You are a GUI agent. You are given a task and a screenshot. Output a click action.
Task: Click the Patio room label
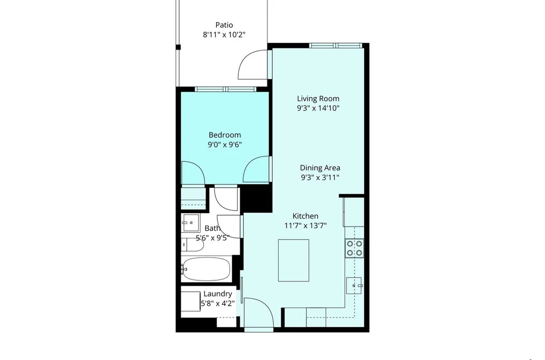pyautogui.click(x=224, y=25)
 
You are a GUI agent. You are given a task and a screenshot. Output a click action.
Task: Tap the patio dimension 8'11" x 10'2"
pyautogui.click(x=224, y=35)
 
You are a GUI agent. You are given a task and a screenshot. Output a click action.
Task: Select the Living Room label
pyautogui.click(x=318, y=98)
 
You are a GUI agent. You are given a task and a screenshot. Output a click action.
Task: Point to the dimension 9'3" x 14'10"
pyautogui.click(x=318, y=108)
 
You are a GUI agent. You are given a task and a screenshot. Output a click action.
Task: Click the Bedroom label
pyautogui.click(x=224, y=135)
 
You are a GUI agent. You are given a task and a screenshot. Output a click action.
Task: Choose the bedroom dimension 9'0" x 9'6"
pyautogui.click(x=224, y=145)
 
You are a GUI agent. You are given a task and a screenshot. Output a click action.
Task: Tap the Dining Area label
pyautogui.click(x=320, y=168)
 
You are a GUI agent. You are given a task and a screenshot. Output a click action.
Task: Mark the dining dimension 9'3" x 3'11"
pyautogui.click(x=320, y=178)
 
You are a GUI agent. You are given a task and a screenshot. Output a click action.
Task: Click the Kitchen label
pyautogui.click(x=306, y=216)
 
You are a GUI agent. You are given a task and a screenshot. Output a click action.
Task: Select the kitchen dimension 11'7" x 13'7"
pyautogui.click(x=306, y=225)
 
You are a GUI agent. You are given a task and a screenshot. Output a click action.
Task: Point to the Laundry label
pyautogui.click(x=217, y=294)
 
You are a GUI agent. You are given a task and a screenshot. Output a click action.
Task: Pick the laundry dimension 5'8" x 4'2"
pyautogui.click(x=218, y=303)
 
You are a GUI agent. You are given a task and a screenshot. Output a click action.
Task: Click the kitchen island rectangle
pyautogui.click(x=293, y=260)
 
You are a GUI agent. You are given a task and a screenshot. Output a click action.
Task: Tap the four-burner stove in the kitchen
pyautogui.click(x=354, y=248)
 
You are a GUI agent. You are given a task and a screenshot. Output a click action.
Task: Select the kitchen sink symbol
pyautogui.click(x=354, y=286)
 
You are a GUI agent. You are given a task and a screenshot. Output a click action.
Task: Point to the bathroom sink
pyautogui.click(x=190, y=223)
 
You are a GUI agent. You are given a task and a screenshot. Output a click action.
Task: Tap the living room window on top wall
pyautogui.click(x=336, y=45)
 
